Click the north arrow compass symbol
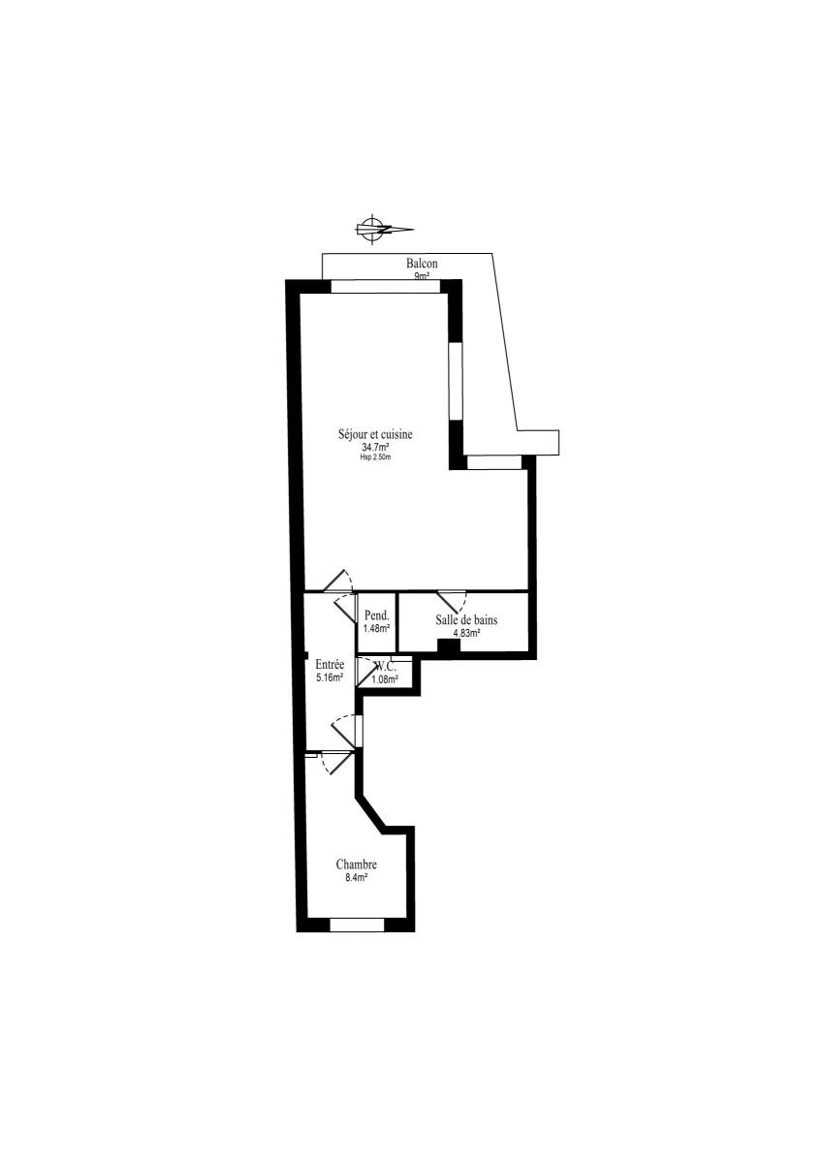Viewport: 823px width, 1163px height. click(x=384, y=229)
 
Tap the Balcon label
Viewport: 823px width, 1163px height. click(x=422, y=264)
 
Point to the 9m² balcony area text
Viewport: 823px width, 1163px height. click(x=422, y=276)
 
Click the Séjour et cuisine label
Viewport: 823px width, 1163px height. click(x=375, y=433)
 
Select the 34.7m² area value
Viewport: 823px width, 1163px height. click(x=375, y=447)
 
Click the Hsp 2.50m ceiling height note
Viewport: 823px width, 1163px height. click(x=375, y=457)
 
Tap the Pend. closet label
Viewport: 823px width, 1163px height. click(x=377, y=615)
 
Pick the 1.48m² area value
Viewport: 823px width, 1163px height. click(x=377, y=628)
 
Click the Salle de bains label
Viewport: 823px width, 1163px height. click(x=466, y=619)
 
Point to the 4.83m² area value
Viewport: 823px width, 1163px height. click(x=466, y=632)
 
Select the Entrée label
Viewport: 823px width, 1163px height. click(x=330, y=664)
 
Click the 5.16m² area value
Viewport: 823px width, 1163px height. click(x=330, y=677)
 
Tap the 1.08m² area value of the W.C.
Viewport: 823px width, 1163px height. click(x=385, y=679)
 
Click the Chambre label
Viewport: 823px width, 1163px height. click(x=356, y=864)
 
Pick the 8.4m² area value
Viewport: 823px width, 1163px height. click(x=356, y=877)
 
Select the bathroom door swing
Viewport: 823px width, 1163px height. click(x=453, y=602)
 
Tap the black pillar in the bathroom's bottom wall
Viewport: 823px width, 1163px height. click(x=449, y=645)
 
